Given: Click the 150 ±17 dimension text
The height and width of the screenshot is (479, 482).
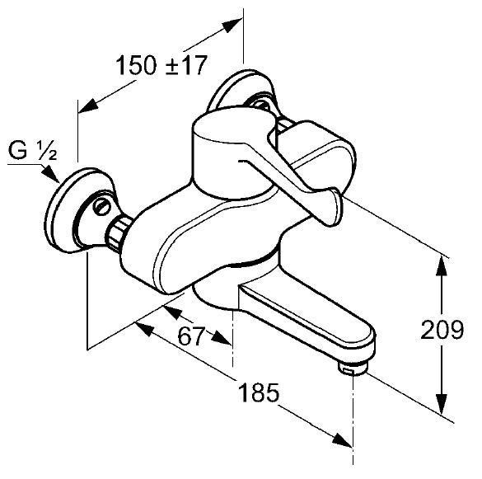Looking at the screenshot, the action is coord(161,65).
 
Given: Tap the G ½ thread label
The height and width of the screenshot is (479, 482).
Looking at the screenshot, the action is coord(32,150).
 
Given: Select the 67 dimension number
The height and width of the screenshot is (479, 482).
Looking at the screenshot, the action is coord(191,336).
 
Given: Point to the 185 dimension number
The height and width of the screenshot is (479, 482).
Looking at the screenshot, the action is coord(259,392).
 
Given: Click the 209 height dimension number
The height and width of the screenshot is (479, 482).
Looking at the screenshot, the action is coord(442,330).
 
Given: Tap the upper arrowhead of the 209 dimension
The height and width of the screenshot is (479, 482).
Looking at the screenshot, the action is coord(442,267).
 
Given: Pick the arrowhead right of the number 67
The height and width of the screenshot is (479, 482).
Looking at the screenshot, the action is coord(221,337).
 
